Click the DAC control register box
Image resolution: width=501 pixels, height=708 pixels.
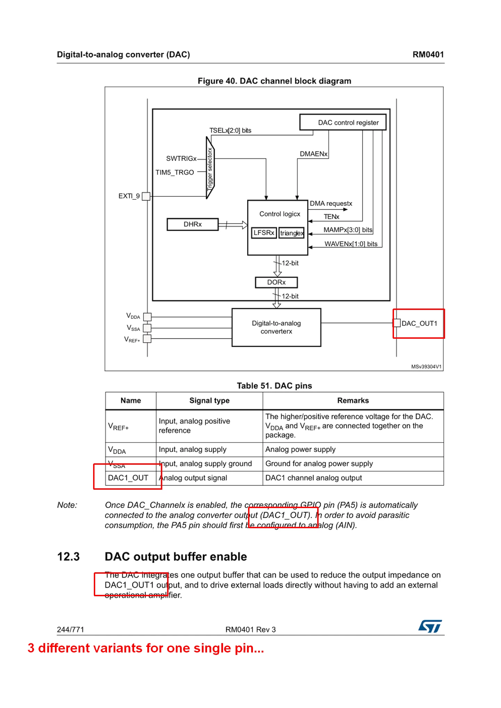343,122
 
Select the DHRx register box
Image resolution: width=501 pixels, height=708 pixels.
192,224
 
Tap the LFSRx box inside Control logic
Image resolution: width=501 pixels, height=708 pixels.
264,233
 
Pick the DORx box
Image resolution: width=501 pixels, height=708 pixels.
276,282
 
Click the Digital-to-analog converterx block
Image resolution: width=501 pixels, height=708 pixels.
276,327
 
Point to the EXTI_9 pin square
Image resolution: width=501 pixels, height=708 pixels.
146,196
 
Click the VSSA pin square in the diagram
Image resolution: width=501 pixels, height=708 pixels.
147,328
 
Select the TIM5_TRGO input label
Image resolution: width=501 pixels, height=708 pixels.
174,172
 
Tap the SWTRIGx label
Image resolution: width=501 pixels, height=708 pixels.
181,159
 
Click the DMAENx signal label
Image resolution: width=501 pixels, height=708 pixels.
314,154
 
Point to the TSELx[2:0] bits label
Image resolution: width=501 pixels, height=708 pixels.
230,130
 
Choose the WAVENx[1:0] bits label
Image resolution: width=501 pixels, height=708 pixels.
351,244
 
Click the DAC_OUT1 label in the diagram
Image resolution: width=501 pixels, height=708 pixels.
419,323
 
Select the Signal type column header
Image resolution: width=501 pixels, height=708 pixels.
210,401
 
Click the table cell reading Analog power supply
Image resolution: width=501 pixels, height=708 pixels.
301,449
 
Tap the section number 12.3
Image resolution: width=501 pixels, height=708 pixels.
68,557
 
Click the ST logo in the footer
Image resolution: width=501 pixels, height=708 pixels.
430,626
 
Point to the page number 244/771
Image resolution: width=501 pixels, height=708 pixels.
71,630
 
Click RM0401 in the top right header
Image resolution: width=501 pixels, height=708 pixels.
428,54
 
